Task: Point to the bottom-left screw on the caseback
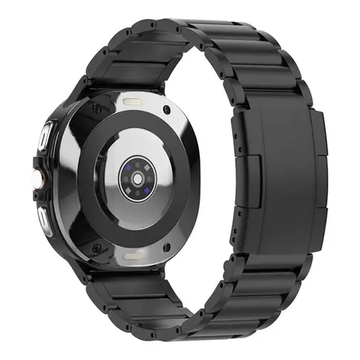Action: coord(97,249)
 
